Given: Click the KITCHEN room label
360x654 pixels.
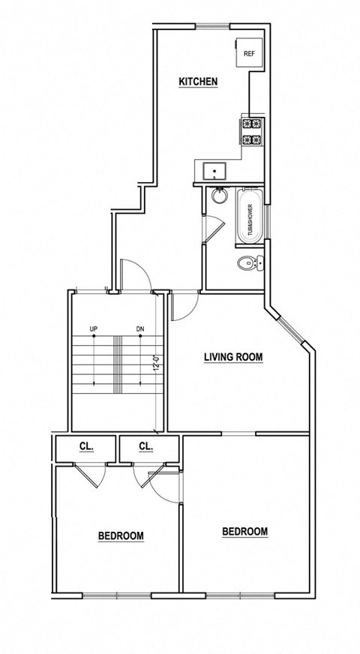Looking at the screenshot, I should [198, 81].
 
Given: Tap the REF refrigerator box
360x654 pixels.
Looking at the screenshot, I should [248, 53].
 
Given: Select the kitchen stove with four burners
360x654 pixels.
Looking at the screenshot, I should [251, 131].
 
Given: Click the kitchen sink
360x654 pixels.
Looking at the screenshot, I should [214, 170].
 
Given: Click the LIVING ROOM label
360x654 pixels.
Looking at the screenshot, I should [233, 357].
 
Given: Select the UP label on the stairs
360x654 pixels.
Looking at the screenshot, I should [94, 329].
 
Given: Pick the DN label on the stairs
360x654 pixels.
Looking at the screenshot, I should [139, 329].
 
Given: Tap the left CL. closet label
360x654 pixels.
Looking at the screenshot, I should [86, 446].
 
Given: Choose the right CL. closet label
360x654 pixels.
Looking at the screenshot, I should [145, 446].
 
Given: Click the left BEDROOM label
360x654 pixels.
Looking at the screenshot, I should [121, 535].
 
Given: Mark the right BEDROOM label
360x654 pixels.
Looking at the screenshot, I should [244, 532].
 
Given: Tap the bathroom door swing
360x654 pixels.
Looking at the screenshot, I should [211, 228].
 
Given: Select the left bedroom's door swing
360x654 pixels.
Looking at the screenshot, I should [91, 475].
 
